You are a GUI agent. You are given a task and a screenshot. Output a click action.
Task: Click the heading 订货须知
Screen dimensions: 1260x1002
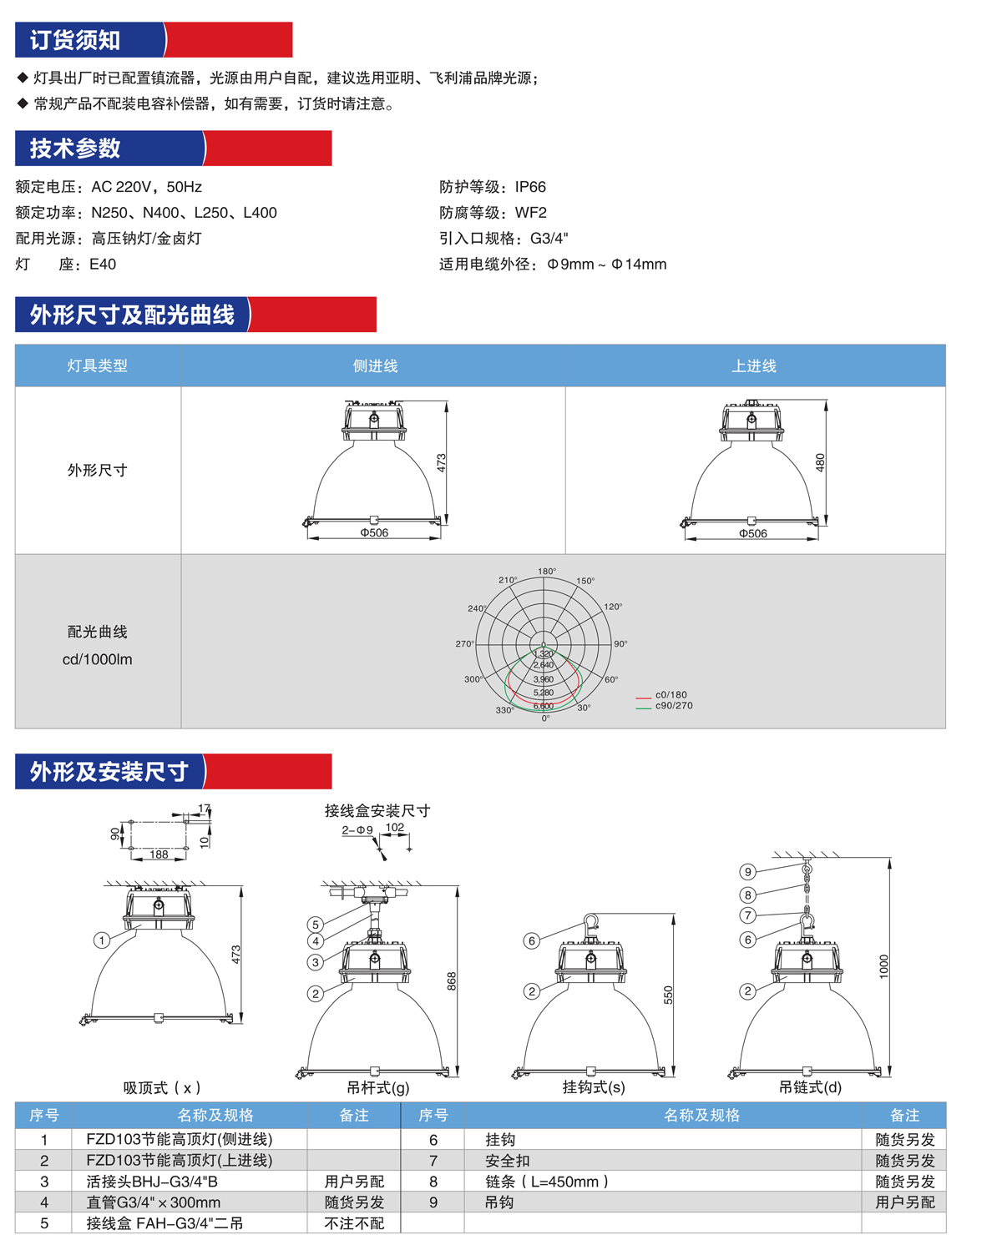pyautogui.click(x=75, y=40)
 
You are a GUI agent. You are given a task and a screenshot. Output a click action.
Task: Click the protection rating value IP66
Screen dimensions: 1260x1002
pyautogui.click(x=530, y=187)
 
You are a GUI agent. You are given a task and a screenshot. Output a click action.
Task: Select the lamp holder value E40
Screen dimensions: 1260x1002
pyautogui.click(x=103, y=265)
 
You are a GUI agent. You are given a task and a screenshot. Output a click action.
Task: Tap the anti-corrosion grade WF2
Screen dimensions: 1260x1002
pyautogui.click(x=530, y=213)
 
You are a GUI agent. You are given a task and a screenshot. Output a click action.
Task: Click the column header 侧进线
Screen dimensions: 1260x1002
pyautogui.click(x=375, y=366)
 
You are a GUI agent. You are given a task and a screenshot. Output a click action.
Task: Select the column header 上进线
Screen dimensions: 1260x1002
pyautogui.click(x=754, y=366)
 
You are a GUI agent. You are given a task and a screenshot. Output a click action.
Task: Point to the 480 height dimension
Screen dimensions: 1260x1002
pyautogui.click(x=820, y=462)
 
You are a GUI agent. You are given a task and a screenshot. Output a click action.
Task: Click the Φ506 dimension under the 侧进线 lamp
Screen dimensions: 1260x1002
pyautogui.click(x=374, y=532)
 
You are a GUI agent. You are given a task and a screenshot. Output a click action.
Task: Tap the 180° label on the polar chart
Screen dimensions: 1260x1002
pyautogui.click(x=547, y=572)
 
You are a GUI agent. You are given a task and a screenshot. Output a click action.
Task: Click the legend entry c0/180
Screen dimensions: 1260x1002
pyautogui.click(x=671, y=694)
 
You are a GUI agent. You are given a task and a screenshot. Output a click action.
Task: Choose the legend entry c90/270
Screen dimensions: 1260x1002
pyautogui.click(x=673, y=706)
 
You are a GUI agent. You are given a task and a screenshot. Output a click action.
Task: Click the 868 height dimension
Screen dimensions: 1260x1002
pyautogui.click(x=452, y=980)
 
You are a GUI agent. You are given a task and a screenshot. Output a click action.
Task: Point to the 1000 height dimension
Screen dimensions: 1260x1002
pyautogui.click(x=884, y=966)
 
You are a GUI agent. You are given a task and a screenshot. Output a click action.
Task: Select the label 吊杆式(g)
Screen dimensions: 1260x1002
pyautogui.click(x=378, y=1087)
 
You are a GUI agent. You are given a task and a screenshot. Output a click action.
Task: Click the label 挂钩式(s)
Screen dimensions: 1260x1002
pyautogui.click(x=594, y=1087)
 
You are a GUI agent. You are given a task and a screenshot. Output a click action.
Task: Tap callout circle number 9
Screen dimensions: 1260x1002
pyautogui.click(x=748, y=872)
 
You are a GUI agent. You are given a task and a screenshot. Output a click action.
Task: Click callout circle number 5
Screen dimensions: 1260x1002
pyautogui.click(x=316, y=925)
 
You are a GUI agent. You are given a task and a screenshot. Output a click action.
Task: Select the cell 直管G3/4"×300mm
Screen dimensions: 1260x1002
pyautogui.click(x=154, y=1202)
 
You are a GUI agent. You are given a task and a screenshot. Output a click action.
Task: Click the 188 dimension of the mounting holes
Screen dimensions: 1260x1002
pyautogui.click(x=159, y=854)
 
